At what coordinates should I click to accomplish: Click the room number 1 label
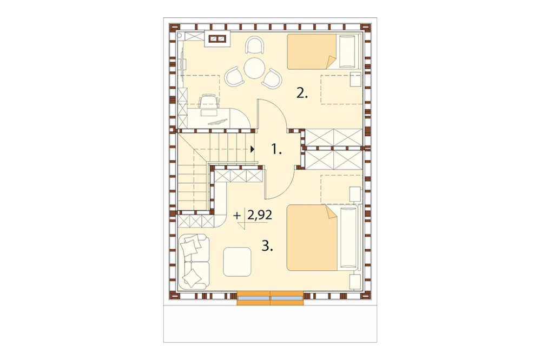[x=276, y=150]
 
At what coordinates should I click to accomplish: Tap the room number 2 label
[x=302, y=93]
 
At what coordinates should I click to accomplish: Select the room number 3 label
[x=267, y=246]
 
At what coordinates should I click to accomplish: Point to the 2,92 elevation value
[x=260, y=215]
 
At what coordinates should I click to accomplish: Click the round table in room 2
[x=254, y=68]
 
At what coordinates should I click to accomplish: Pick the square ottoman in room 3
[x=237, y=262]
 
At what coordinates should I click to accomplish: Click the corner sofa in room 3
[x=194, y=262]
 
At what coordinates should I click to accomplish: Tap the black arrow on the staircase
[x=253, y=149]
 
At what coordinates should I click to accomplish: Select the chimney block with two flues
[x=217, y=39]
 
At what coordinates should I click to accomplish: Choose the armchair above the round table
[x=254, y=45]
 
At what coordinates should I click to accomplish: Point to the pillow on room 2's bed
[x=347, y=51]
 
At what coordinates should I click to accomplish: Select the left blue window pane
[x=254, y=298]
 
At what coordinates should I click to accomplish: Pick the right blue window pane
[x=287, y=298]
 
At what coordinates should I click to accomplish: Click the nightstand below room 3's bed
[x=355, y=282]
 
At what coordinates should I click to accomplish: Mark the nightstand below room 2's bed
[x=355, y=79]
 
